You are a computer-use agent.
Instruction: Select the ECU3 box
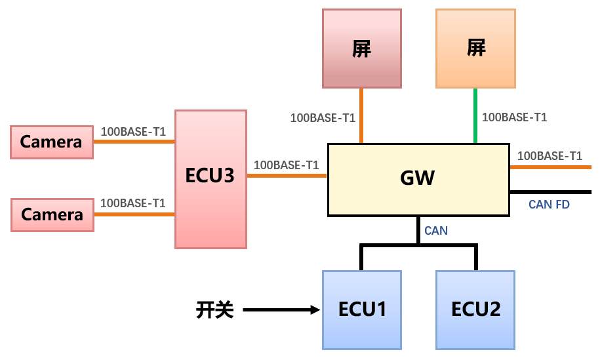coord(210,179)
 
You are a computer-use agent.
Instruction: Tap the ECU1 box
coord(361,310)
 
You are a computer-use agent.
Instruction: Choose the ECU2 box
coord(475,310)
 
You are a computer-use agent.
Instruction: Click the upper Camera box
coord(52,142)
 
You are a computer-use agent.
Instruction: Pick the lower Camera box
coord(52,214)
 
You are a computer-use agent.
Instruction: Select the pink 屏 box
coord(361,48)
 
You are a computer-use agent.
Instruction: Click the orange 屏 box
coord(475,48)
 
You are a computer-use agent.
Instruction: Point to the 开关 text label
coord(214,310)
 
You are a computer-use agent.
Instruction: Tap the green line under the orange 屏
coord(475,115)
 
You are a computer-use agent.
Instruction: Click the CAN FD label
coord(549,205)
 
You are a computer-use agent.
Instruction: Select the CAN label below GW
coord(436,231)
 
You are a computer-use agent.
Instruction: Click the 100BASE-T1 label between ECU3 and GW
coord(286,165)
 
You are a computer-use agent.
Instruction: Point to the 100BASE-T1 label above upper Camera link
coord(133,132)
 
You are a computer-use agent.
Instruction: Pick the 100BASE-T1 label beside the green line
coord(514,117)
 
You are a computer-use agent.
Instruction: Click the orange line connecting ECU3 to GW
coord(287,176)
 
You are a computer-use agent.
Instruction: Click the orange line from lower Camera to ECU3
coord(134,214)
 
